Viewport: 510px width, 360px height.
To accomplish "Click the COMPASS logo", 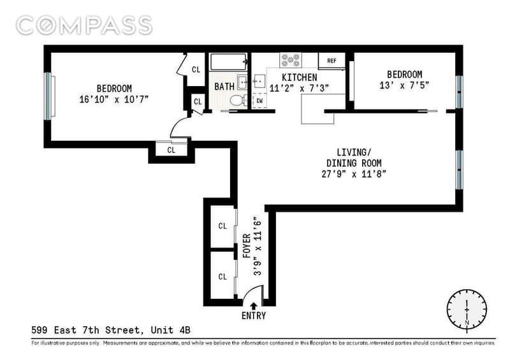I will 84,25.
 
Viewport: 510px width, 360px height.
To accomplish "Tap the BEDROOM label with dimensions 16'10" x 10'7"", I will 114,88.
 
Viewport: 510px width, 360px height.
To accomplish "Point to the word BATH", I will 224,87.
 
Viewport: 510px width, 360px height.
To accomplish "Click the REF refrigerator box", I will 331,61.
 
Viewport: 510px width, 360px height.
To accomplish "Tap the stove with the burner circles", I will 291,61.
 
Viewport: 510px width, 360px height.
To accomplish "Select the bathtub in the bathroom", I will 228,63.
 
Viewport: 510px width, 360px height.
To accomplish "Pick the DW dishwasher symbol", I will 260,101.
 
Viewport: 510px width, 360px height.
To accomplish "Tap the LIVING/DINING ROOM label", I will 353,157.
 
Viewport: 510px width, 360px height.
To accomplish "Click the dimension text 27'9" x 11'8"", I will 353,173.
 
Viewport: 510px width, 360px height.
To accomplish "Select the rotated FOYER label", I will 247,246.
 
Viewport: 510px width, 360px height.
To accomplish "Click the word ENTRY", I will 254,316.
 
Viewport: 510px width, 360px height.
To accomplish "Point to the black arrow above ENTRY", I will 254,305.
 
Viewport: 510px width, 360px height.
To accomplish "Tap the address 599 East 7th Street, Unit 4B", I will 111,330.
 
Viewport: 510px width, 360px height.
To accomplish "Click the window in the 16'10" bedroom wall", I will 47,96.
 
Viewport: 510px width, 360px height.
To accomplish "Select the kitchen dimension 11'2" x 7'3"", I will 299,89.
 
